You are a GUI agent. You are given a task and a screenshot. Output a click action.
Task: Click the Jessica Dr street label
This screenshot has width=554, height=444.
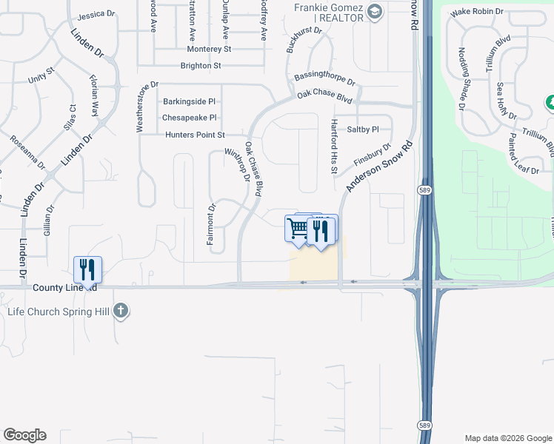click(97, 14)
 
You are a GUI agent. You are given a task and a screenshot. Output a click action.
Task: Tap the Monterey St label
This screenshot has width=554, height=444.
click(210, 49)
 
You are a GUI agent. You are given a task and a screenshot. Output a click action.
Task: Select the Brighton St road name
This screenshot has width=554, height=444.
click(201, 66)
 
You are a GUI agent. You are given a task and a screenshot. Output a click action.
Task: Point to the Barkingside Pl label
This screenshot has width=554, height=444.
click(189, 101)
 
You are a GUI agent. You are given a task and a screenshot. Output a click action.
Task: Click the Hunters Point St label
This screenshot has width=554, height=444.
click(195, 135)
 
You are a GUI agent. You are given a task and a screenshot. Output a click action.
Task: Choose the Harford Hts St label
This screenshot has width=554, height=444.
click(334, 147)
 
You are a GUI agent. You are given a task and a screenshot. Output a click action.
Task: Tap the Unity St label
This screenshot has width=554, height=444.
click(42, 76)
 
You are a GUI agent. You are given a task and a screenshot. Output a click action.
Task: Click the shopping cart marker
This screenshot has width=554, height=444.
click(298, 229)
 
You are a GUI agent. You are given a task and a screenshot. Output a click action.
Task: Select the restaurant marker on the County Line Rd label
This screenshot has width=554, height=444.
click(87, 269)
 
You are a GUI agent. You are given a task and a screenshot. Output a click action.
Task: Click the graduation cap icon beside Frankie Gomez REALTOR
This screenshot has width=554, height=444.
click(374, 10)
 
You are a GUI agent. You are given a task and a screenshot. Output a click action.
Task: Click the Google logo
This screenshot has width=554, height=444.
click(24, 434)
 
